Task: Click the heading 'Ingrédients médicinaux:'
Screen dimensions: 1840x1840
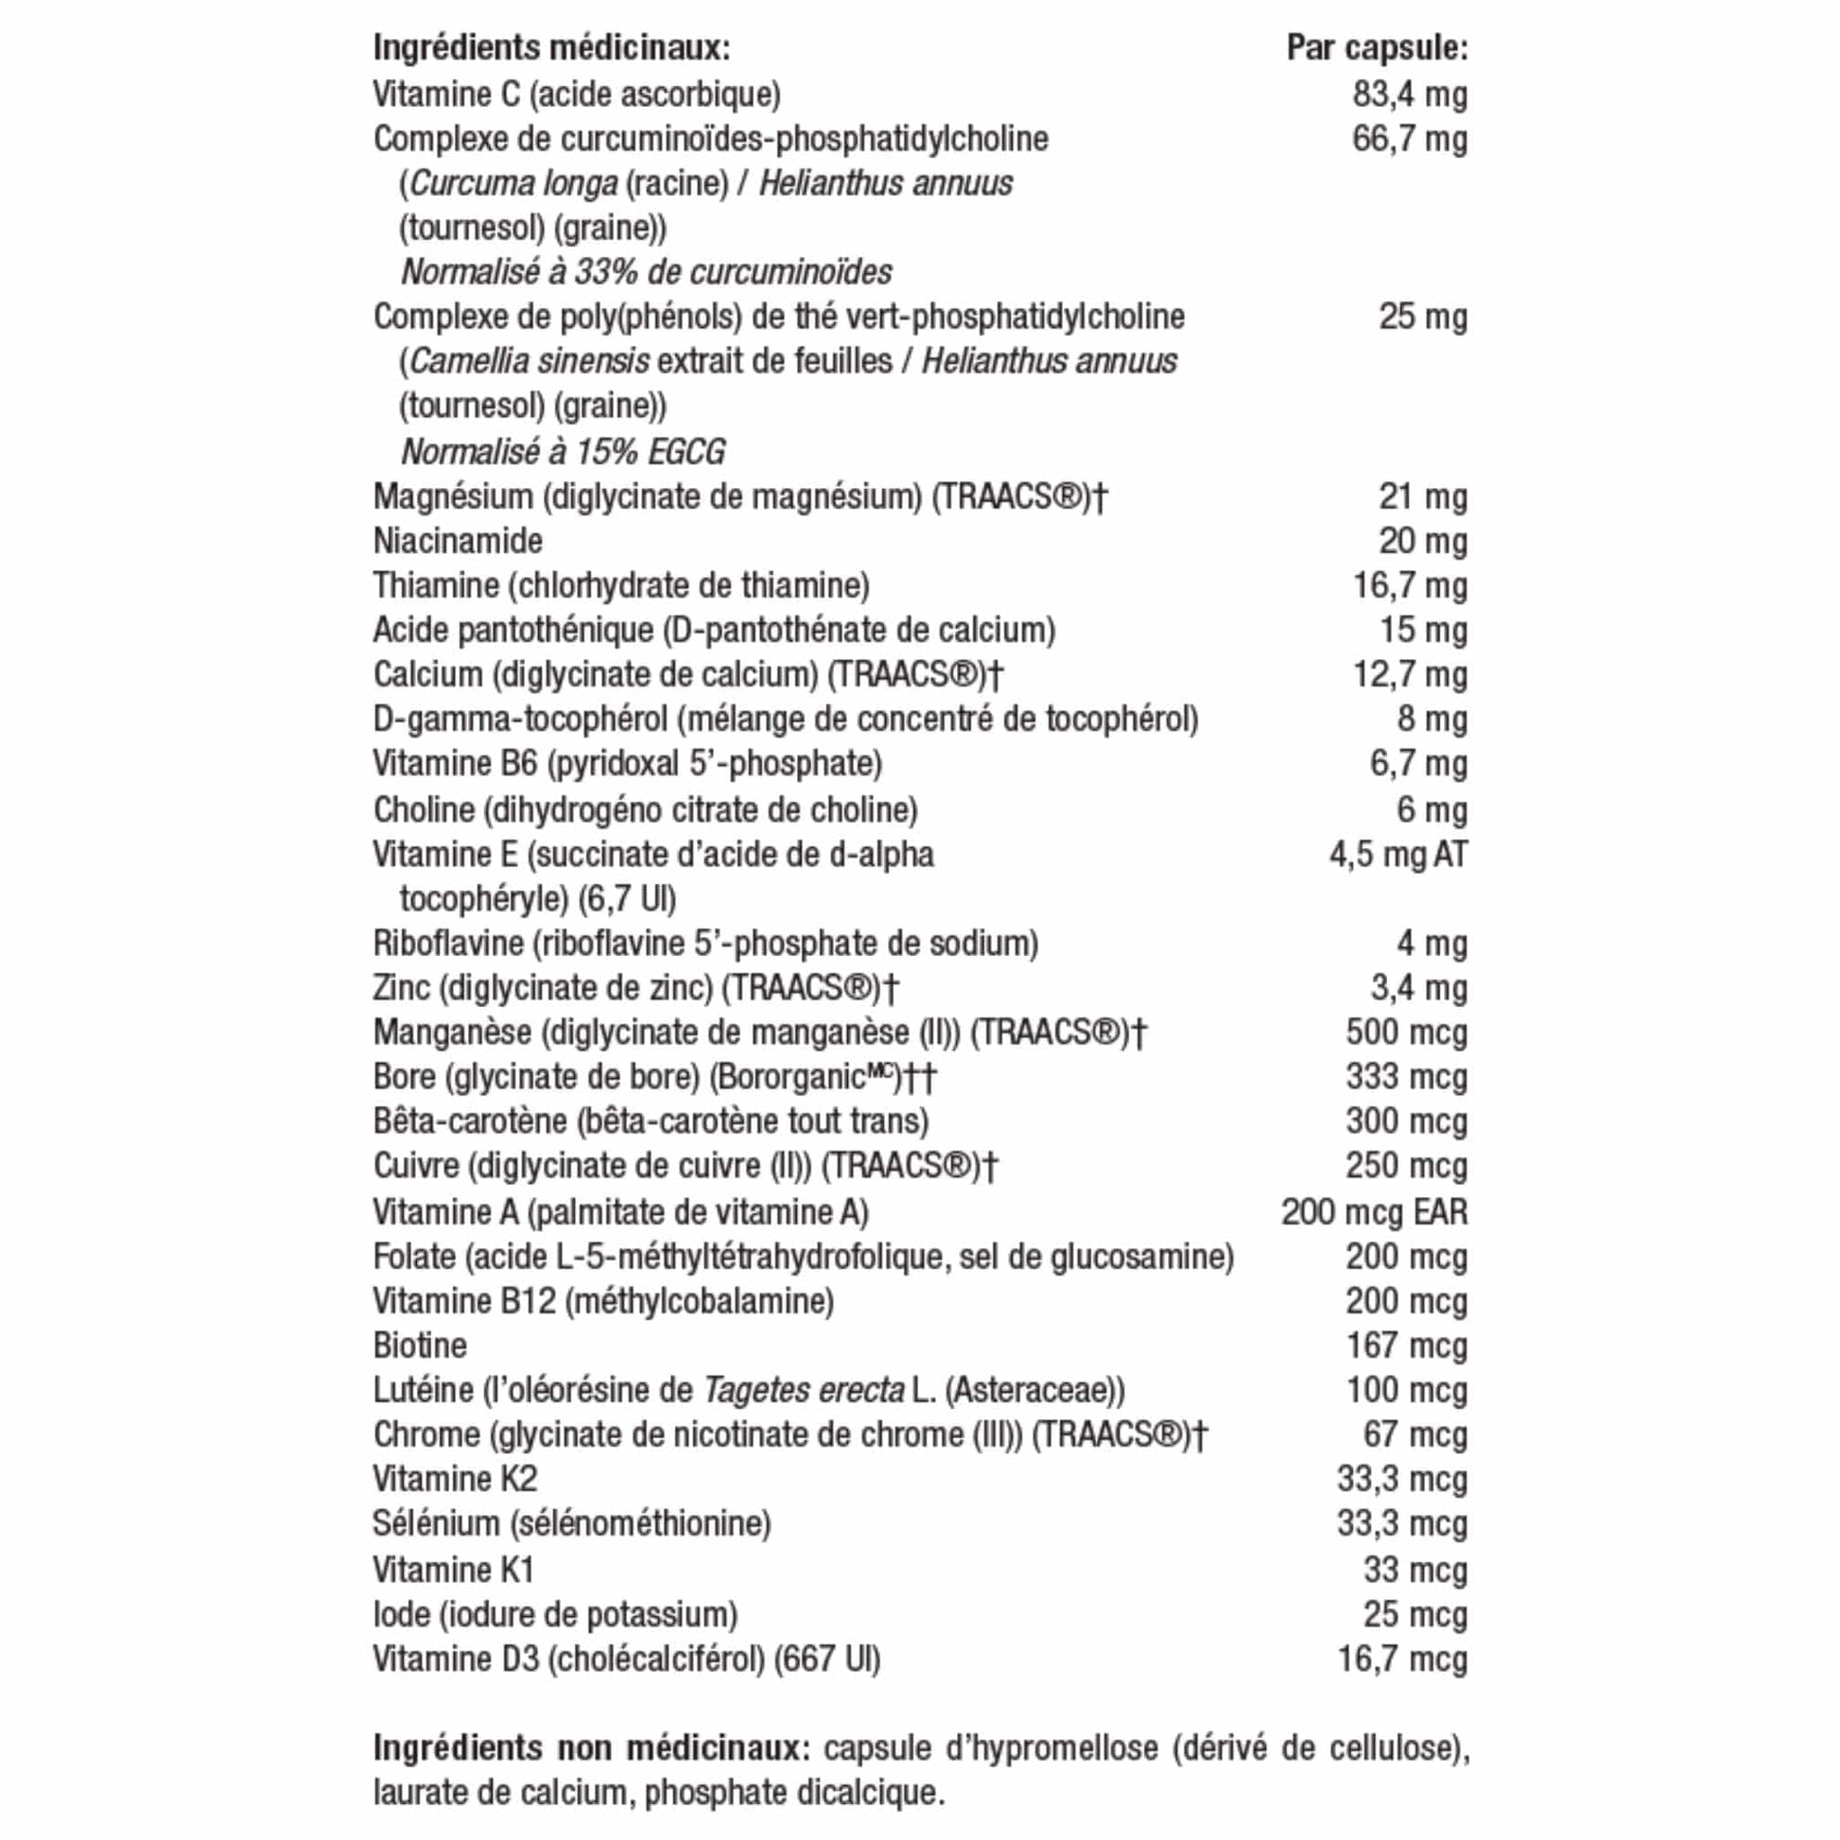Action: coord(551,47)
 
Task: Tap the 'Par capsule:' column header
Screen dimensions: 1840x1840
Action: coord(1376,47)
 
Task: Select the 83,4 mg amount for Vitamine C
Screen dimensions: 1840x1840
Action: coord(1410,95)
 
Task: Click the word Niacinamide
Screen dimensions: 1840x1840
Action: coord(458,541)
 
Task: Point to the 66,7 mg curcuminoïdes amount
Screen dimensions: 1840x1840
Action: coord(1410,139)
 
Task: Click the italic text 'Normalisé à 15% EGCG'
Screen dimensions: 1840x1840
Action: coord(563,451)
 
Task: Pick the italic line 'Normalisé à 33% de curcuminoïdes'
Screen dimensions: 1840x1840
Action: coord(647,272)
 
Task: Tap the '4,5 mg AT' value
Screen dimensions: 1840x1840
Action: coord(1398,855)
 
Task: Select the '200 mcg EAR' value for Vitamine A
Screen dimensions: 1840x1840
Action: coord(1373,1211)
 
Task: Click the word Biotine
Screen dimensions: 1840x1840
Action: coord(420,1345)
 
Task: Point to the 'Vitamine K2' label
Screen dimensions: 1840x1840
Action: coord(455,1479)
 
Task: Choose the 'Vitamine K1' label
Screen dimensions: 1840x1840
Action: coord(453,1570)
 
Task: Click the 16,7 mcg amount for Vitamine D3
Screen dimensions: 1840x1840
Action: coord(1402,1659)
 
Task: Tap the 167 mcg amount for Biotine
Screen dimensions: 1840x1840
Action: coord(1406,1345)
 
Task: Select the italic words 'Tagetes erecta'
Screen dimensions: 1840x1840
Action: coord(803,1391)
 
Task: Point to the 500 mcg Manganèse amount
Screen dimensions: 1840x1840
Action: coord(1406,1033)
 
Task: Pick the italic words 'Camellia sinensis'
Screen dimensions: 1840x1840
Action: coord(529,362)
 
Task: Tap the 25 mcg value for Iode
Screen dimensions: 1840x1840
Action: coord(1415,1614)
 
